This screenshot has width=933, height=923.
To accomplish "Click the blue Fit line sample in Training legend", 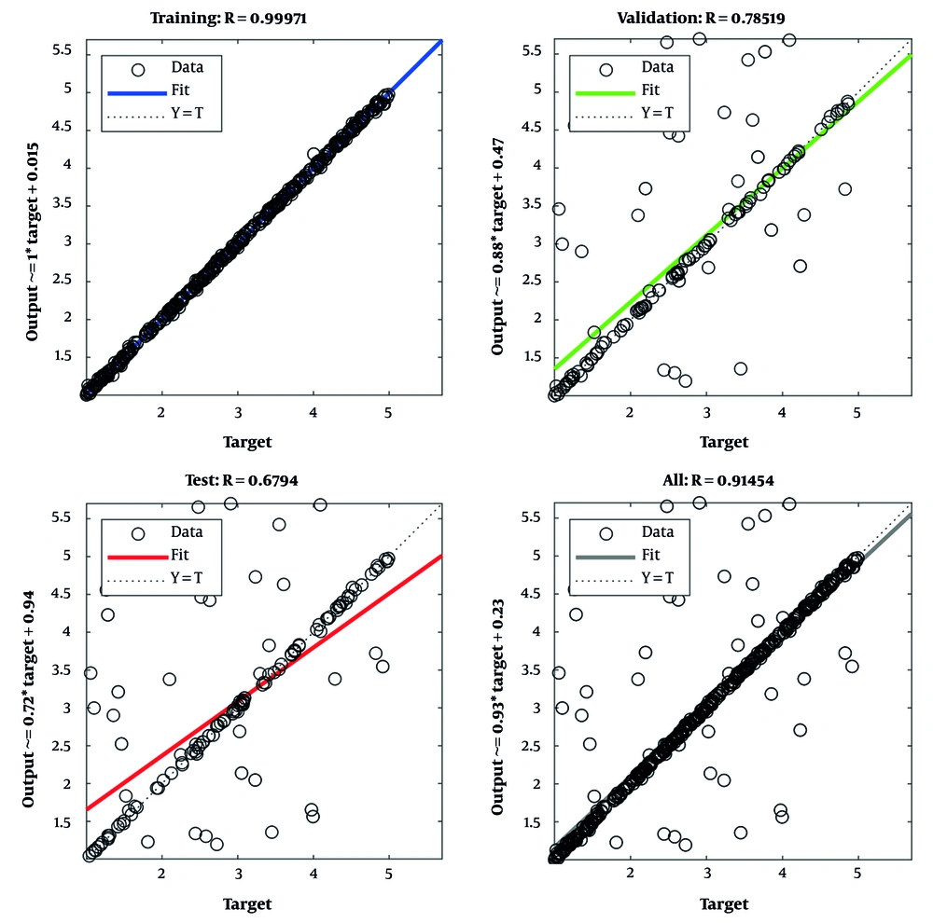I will (138, 91).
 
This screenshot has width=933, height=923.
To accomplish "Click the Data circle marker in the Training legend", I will (138, 68).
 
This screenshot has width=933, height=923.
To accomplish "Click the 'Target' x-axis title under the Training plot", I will (247, 442).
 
